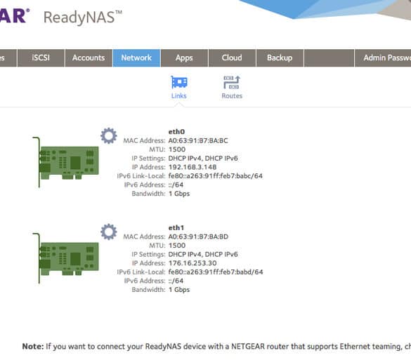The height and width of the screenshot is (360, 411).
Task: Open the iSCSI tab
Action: pos(41,58)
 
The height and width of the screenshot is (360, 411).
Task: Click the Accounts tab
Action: pos(89,58)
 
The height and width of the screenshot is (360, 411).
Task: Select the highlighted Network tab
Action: pos(136,58)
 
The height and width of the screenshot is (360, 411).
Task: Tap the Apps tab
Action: pos(184,58)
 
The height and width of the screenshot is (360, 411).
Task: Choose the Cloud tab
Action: pos(232,58)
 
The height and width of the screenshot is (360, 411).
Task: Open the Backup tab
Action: pos(280,58)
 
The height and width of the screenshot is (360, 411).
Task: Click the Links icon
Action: pos(179,82)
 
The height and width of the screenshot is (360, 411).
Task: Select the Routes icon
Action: pos(232,82)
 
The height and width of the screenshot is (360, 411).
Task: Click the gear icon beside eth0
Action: pos(109,135)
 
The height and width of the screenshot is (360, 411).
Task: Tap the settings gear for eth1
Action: pos(109,232)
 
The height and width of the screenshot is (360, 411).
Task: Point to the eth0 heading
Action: pos(176,131)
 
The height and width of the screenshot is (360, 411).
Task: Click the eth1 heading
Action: pos(176,227)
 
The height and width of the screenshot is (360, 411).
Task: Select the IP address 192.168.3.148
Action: pos(193,167)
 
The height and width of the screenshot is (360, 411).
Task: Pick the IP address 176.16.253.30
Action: pos(193,263)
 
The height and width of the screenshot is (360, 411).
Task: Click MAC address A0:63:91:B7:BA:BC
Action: pos(198,140)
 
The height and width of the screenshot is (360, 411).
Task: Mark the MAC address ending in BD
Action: pos(198,236)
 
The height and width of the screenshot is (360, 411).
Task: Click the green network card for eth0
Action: pos(66,162)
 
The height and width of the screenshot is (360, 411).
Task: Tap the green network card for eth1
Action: pos(66,258)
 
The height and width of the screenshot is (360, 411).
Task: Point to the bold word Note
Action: pos(33,347)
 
